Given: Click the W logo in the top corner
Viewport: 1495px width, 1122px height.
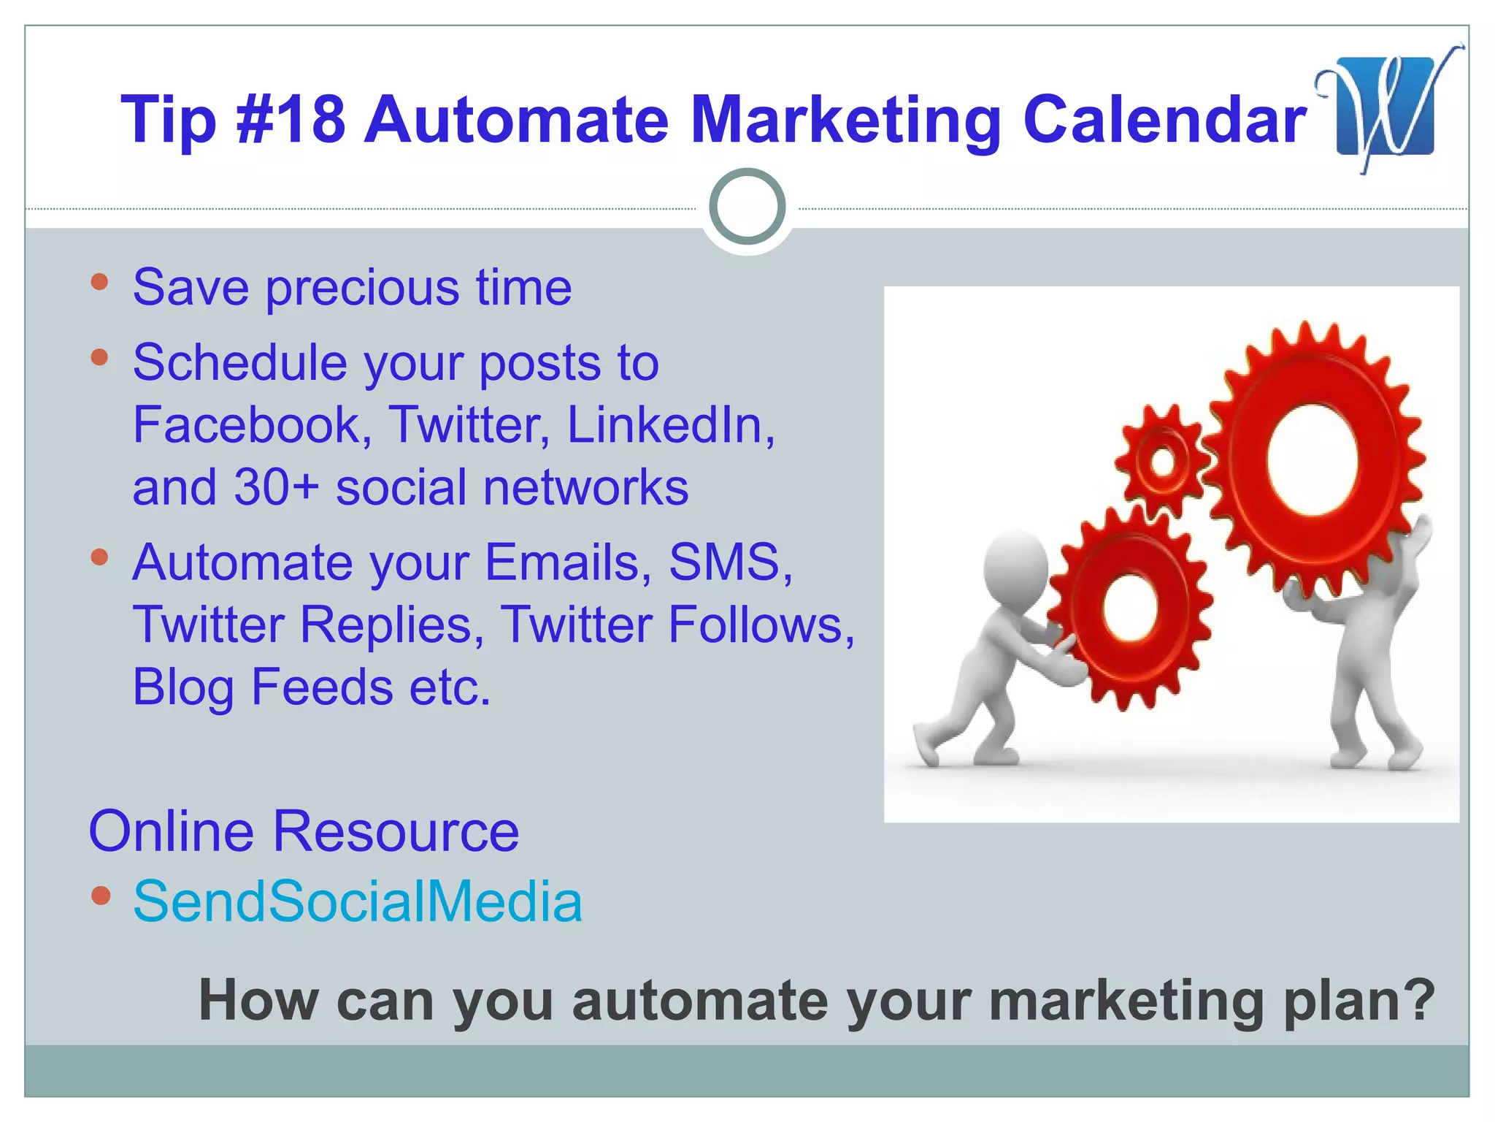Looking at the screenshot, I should click(1385, 107).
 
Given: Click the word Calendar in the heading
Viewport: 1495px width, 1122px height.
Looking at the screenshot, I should click(1164, 119).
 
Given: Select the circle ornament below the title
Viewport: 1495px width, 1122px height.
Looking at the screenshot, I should click(747, 207).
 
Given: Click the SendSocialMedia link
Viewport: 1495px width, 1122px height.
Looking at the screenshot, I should click(358, 901).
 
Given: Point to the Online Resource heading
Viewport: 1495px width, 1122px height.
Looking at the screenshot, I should click(304, 831).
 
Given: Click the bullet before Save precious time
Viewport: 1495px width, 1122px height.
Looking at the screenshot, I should click(100, 282).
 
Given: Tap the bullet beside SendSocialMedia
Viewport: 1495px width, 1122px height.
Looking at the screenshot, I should click(101, 896).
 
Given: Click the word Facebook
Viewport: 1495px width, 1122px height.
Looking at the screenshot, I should click(247, 424).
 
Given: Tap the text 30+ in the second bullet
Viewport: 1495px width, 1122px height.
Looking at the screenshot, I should click(277, 487).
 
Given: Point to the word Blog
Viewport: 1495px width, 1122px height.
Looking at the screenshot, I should click(182, 687).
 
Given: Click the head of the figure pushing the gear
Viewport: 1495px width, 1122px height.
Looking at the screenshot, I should click(1015, 566).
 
